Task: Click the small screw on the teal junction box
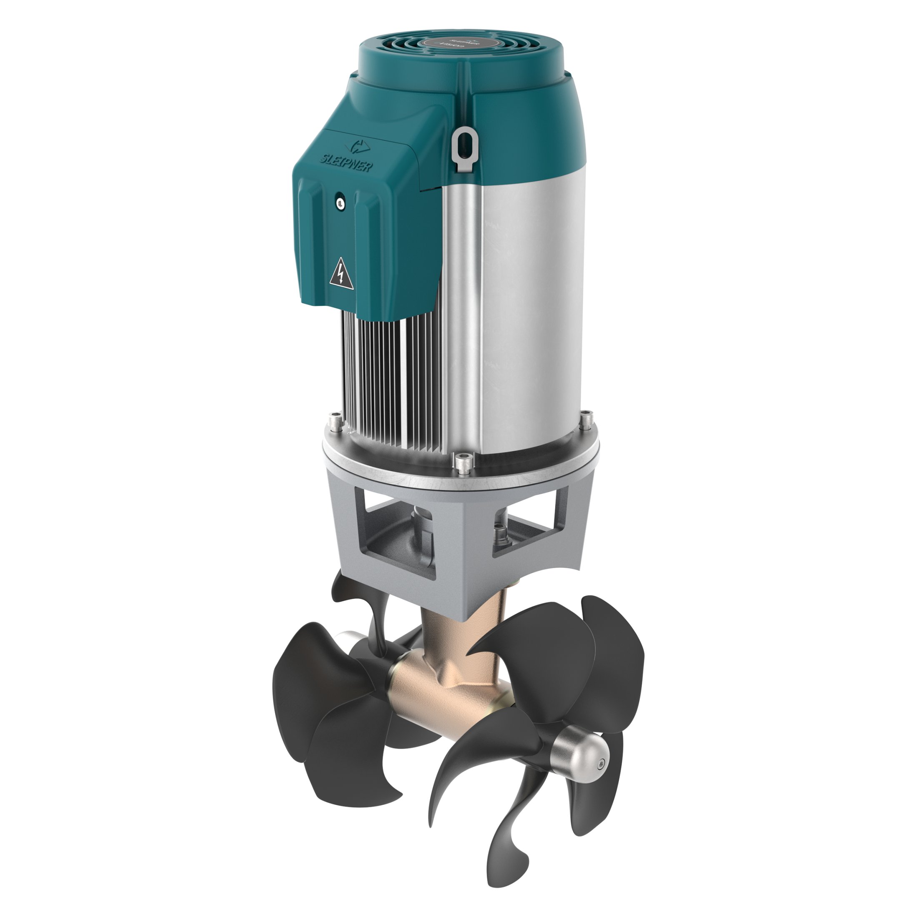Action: point(339,203)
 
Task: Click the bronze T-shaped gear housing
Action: point(448,679)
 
